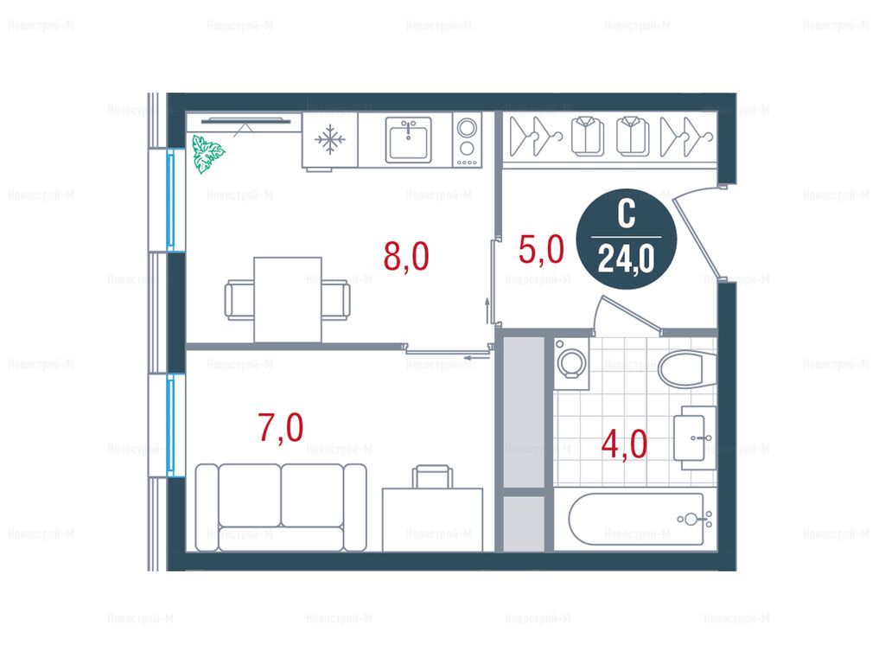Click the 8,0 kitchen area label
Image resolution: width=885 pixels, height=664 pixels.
(x=406, y=256)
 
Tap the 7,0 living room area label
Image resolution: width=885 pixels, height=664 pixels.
(x=281, y=427)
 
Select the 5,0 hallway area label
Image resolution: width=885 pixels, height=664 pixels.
(x=541, y=249)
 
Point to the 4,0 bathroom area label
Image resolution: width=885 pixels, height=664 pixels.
(x=624, y=444)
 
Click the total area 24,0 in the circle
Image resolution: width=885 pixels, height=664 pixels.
(x=627, y=259)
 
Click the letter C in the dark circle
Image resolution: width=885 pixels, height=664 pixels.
(x=627, y=214)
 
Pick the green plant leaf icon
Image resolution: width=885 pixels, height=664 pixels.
(x=207, y=153)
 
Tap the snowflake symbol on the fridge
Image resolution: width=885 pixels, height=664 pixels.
(x=329, y=140)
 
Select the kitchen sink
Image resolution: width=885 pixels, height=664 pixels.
(x=409, y=140)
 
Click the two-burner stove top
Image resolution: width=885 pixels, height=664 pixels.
(x=467, y=140)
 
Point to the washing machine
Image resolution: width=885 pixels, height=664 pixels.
(x=571, y=364)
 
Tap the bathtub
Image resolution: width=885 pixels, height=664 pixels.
(x=636, y=520)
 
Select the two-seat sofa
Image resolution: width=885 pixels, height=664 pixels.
(x=281, y=507)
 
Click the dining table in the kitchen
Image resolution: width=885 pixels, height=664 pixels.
(x=288, y=300)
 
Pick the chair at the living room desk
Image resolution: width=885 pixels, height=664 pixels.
(x=432, y=476)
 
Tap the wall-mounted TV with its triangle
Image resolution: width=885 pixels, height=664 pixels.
(x=246, y=124)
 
